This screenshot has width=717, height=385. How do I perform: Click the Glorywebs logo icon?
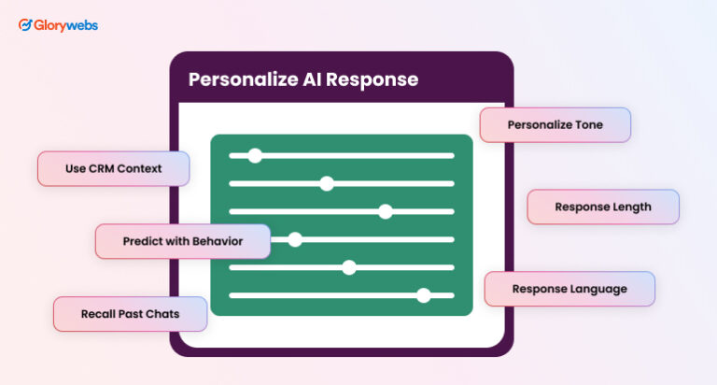[26, 25]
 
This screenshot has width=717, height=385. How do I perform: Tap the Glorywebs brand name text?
[66, 25]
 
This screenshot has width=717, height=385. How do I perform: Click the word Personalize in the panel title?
[235, 79]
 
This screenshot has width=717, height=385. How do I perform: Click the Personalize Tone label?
[555, 124]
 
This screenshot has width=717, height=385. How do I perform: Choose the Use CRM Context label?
[113, 169]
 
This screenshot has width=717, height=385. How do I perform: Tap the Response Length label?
[602, 207]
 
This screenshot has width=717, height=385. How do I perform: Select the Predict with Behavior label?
[182, 241]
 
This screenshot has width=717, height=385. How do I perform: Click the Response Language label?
[569, 289]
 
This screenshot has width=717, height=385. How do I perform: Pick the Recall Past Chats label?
[129, 314]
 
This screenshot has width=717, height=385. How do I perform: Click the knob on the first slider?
[255, 155]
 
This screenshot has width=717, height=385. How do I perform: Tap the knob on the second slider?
[326, 183]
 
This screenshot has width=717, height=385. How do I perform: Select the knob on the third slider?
[386, 211]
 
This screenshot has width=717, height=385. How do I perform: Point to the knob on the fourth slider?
[295, 239]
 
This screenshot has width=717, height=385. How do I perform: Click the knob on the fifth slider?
[349, 267]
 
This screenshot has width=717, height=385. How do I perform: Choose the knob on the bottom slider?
[424, 295]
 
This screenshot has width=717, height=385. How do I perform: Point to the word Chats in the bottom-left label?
[161, 314]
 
